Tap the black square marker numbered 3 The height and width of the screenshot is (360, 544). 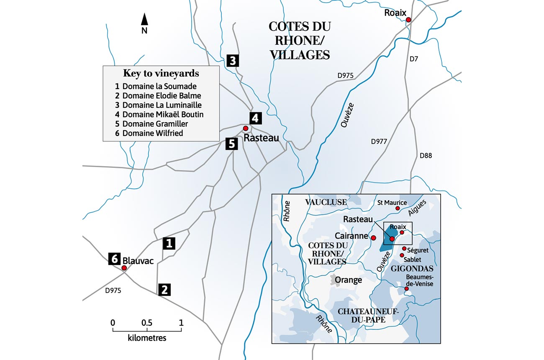(x=233, y=61)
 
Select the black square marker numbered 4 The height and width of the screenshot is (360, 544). (x=256, y=118)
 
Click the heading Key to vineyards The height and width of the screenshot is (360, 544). (x=161, y=73)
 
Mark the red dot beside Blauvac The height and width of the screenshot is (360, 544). (x=124, y=268)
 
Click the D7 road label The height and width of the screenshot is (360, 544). (x=413, y=59)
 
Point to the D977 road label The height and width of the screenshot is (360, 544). (x=380, y=141)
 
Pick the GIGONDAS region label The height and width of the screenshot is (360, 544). (x=413, y=269)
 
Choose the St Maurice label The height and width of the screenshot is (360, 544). (x=392, y=203)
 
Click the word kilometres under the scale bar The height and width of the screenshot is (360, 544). (x=146, y=337)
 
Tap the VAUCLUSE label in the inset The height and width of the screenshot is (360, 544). (x=326, y=202)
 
